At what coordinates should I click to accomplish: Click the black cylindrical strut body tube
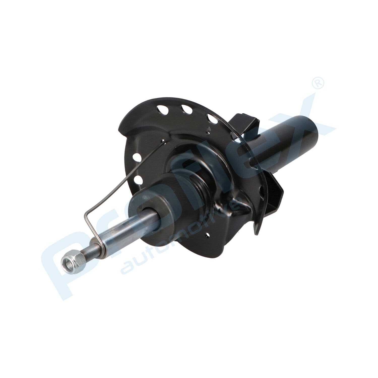pos(290,141)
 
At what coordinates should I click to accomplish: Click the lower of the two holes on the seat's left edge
pos(138,179)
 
